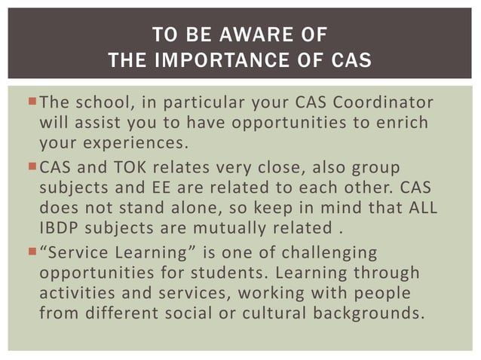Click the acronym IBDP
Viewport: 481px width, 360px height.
(58, 225)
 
